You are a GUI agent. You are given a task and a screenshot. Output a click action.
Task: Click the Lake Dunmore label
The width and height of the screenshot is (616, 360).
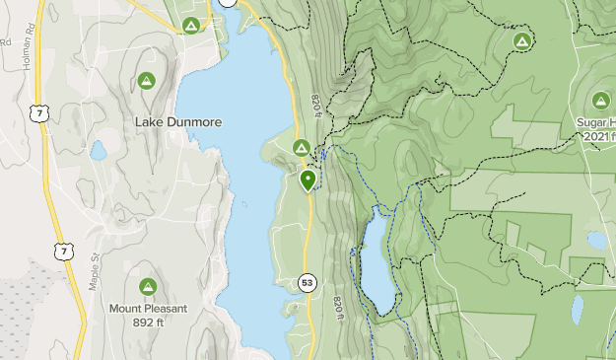178,121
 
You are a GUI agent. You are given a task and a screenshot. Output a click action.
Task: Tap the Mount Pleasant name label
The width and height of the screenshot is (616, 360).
148,308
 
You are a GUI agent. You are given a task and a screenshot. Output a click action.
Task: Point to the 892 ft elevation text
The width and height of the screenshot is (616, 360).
148,321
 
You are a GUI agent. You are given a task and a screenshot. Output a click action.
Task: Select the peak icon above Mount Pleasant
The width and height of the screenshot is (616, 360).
148,286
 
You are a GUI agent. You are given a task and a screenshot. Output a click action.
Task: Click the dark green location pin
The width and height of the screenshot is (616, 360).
308,180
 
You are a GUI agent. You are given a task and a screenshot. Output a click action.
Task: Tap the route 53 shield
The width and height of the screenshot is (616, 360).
308,284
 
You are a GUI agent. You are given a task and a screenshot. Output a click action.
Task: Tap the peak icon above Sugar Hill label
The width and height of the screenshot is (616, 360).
601,101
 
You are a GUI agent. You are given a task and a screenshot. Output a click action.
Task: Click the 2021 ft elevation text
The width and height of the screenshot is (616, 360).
596,135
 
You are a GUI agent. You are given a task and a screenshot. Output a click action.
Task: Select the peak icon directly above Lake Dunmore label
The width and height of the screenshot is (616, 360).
147,80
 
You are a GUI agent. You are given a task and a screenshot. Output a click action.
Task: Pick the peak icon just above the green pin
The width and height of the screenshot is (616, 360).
302,148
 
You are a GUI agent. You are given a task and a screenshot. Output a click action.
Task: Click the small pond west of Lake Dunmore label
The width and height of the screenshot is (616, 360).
98,151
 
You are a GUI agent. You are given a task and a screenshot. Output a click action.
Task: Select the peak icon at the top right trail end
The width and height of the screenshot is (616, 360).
521,40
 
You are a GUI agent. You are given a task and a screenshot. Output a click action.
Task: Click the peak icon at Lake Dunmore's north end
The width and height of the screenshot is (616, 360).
191,25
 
